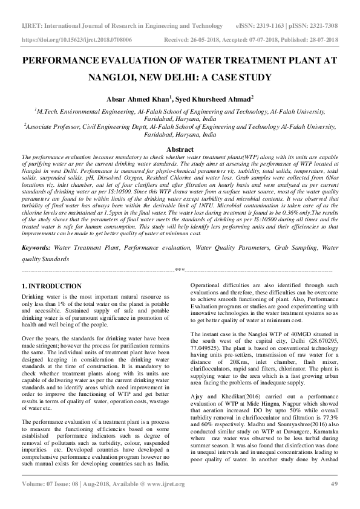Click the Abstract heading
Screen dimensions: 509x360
coord(180,149)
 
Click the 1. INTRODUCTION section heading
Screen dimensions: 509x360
coord(51,285)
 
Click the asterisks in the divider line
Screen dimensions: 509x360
coord(180,269)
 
